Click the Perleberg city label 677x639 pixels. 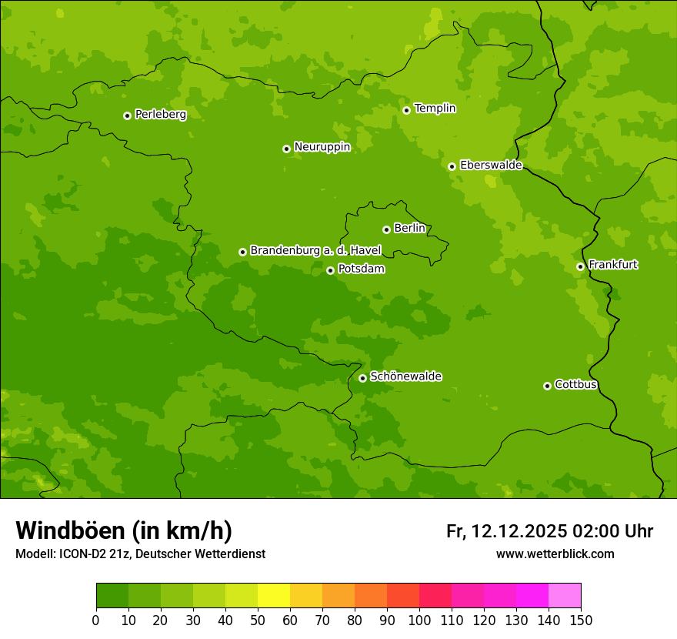click(x=160, y=115)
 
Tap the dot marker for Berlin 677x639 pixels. click(x=386, y=229)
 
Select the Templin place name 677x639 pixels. click(x=435, y=109)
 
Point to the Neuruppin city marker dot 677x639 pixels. click(x=286, y=149)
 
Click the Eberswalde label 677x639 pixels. click(x=491, y=166)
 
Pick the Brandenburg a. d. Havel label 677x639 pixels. click(x=315, y=251)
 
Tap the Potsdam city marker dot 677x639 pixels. click(x=330, y=270)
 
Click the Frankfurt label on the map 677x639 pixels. click(x=612, y=265)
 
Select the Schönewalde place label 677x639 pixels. click(x=405, y=376)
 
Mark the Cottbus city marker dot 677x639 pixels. click(x=547, y=386)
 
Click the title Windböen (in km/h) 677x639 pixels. click(x=124, y=530)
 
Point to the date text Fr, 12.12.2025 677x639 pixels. click(x=507, y=531)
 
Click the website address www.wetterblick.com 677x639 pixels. click(x=555, y=554)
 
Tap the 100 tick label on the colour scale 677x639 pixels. click(x=419, y=620)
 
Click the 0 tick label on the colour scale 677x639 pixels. click(x=96, y=620)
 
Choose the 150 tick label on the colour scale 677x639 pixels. click(x=581, y=620)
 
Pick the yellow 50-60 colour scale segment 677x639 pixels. click(x=274, y=596)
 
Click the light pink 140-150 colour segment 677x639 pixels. click(x=565, y=596)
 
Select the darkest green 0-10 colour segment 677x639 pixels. click(x=112, y=596)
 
